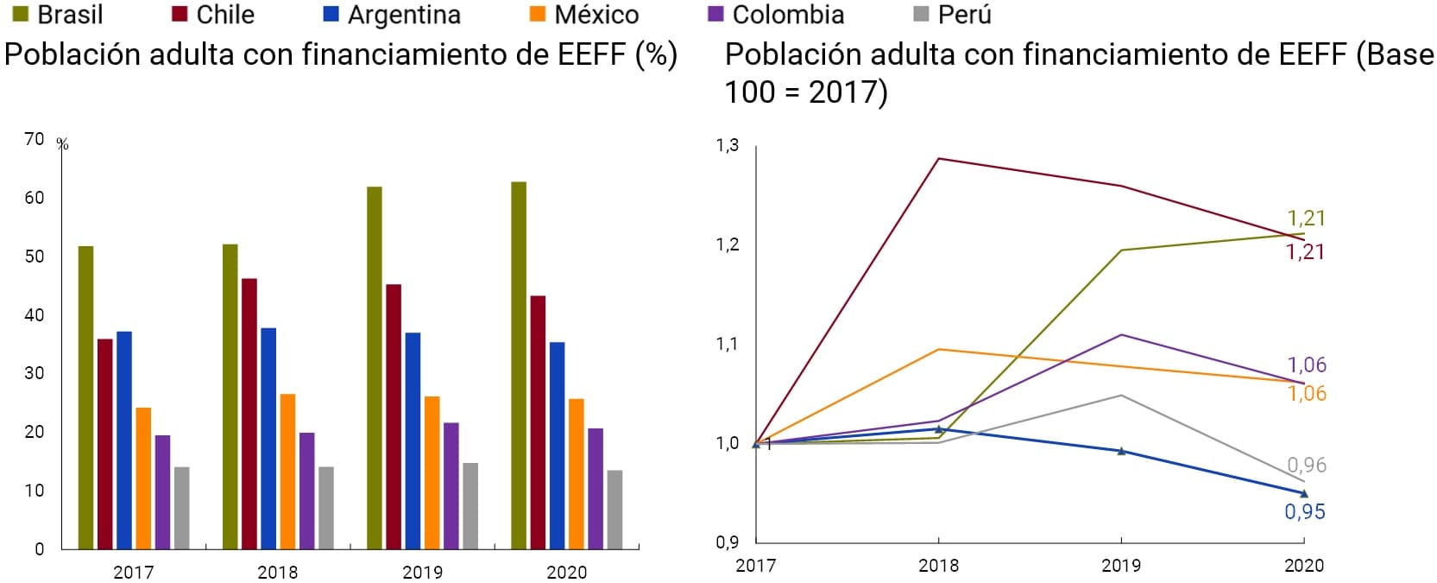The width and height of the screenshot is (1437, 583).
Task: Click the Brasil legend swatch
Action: click(x=21, y=15)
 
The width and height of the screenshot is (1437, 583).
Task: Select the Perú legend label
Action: click(x=964, y=15)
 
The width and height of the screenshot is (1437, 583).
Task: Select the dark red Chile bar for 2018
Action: click(x=249, y=414)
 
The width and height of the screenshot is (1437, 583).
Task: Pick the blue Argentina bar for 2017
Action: click(x=124, y=440)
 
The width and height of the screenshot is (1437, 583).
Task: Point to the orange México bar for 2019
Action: click(x=432, y=472)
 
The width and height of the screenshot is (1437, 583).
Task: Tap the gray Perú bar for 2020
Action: click(x=615, y=510)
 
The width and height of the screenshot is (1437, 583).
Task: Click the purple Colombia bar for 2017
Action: click(x=162, y=491)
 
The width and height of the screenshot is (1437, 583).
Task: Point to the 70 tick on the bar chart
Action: click(x=35, y=139)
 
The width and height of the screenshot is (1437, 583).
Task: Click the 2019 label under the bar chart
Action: click(x=422, y=572)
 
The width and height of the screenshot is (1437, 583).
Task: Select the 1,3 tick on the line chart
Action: click(x=728, y=145)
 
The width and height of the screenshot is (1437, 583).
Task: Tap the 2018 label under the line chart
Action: click(x=938, y=566)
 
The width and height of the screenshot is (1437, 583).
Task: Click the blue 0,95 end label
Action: click(x=1304, y=511)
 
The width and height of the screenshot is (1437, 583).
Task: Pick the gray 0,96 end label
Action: click(x=1307, y=465)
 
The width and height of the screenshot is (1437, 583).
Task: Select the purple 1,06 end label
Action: click(x=1307, y=364)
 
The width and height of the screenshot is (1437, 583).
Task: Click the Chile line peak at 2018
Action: click(x=938, y=159)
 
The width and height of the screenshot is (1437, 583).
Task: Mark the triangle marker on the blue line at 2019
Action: click(x=1121, y=451)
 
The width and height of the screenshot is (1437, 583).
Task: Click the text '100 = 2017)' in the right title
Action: click(x=805, y=92)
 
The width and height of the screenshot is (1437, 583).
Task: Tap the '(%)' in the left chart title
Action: click(x=656, y=54)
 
